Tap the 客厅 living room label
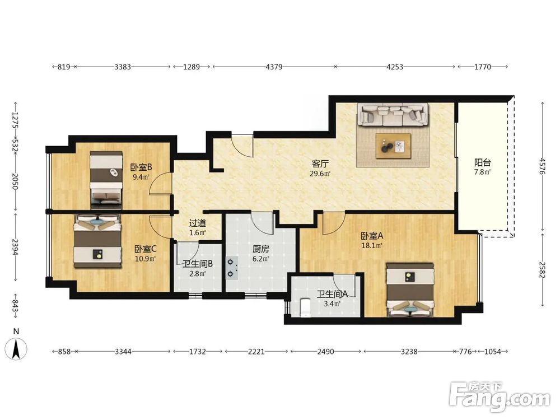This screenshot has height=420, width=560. click(x=320, y=164)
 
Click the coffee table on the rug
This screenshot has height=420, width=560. click(x=393, y=146)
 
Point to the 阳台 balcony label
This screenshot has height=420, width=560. click(x=483, y=163)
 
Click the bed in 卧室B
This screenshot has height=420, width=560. click(x=106, y=180)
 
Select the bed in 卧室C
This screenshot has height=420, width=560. click(x=97, y=241)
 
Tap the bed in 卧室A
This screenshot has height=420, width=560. click(x=410, y=290)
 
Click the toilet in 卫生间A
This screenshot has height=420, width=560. click(x=305, y=307)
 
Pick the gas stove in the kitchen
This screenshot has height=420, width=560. click(x=232, y=268)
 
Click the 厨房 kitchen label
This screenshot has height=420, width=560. click(x=261, y=249)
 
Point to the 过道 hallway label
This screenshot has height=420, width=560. click(x=198, y=223)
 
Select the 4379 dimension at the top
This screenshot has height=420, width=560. click(x=274, y=67)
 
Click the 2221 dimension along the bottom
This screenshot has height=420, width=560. click(x=256, y=352)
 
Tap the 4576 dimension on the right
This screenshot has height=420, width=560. click(x=543, y=166)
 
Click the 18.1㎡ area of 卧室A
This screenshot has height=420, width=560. click(x=372, y=245)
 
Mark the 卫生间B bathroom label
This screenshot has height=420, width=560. click(x=198, y=264)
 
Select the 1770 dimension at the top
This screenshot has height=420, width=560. click(x=483, y=67)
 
